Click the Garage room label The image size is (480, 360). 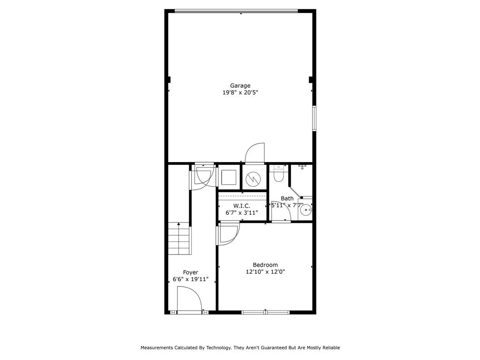pyautogui.click(x=240, y=85)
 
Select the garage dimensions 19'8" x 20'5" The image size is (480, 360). pyautogui.click(x=240, y=92)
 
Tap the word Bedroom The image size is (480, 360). pyautogui.click(x=265, y=265)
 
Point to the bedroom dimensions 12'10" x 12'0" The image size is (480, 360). pyautogui.click(x=265, y=271)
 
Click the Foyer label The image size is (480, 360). pyautogui.click(x=190, y=272)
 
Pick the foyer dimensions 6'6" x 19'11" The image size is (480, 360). pyautogui.click(x=190, y=279)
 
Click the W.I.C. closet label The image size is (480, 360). pyautogui.click(x=242, y=206)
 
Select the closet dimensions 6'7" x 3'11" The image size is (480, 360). pyautogui.click(x=242, y=213)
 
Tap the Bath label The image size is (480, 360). pyautogui.click(x=287, y=199)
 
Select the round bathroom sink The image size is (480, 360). pyautogui.click(x=306, y=210)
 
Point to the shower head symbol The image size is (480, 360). pyautogui.click(x=302, y=166)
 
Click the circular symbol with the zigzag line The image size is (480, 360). pyautogui.click(x=254, y=178)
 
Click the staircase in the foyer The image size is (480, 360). pyautogui.click(x=179, y=239)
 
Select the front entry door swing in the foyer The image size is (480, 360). pyautogui.click(x=189, y=300)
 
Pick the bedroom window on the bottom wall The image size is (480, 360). pyautogui.click(x=265, y=312)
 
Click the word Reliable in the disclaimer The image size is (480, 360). pyautogui.click(x=329, y=348)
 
